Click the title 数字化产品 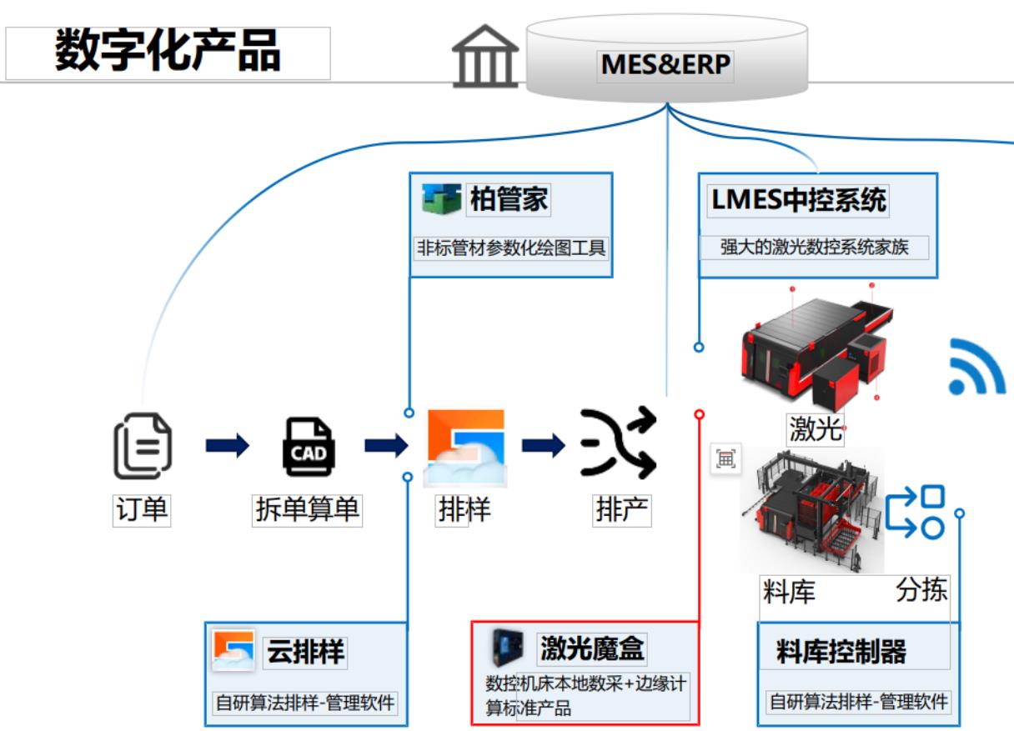point(168,52)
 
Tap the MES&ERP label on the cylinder point(665,65)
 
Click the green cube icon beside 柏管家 point(442,200)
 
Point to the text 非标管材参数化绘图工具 point(511,248)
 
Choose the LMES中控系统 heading point(798,200)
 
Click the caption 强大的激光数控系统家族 point(813,248)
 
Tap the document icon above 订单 point(143,448)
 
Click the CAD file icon point(308,447)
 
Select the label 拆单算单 point(307,509)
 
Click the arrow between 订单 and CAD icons point(227,446)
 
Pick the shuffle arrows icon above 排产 point(619,443)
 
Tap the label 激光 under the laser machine point(816,429)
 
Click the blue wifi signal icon point(976,368)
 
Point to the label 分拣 point(921,590)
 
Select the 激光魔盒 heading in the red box point(592,648)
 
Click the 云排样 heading point(304,651)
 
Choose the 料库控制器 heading point(841,651)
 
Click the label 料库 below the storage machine point(789,592)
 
